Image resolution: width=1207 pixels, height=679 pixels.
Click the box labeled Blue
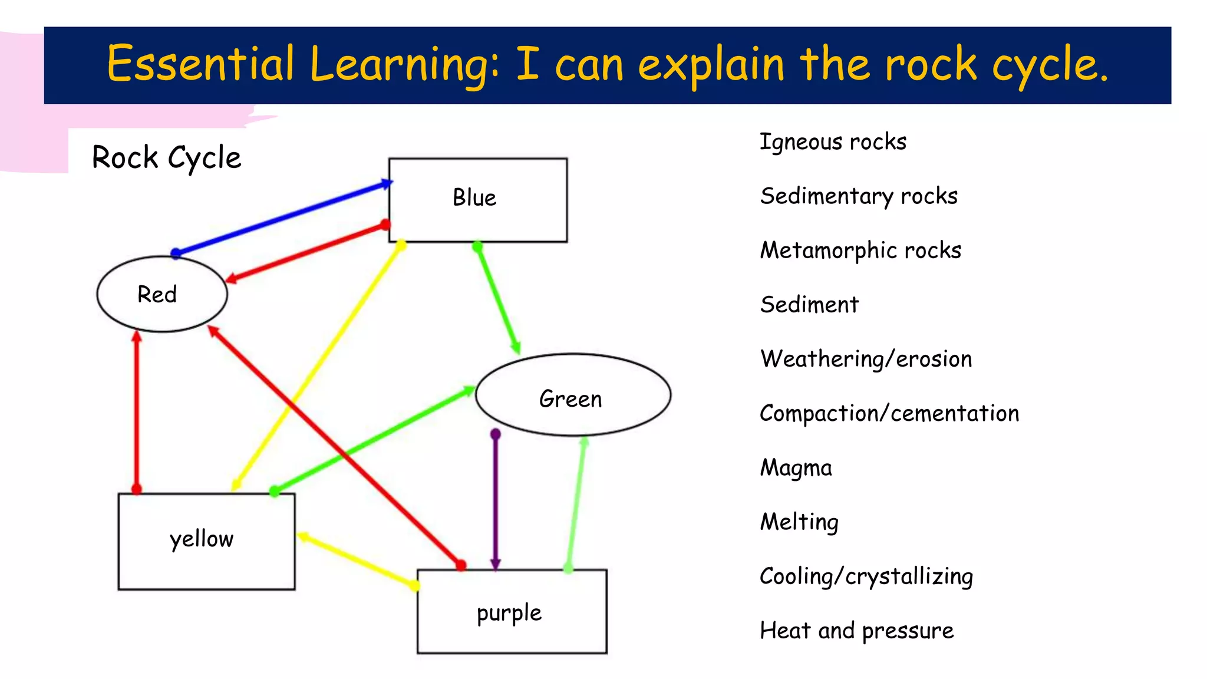coord(477,199)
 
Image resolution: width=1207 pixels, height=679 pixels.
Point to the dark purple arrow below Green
coord(496,501)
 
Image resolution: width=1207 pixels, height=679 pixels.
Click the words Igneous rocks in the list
coord(833,142)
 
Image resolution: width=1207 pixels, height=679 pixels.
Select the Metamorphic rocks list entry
coord(860,250)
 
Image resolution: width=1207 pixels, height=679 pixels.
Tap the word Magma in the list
coord(796,468)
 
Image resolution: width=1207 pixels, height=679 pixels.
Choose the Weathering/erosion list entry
coord(866,359)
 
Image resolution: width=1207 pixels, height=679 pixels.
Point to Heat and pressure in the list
coord(856,631)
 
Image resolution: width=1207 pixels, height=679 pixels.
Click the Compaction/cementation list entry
coord(889,413)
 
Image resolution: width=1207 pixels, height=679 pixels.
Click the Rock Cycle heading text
coord(167,157)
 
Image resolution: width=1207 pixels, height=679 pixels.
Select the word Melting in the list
coord(799,522)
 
